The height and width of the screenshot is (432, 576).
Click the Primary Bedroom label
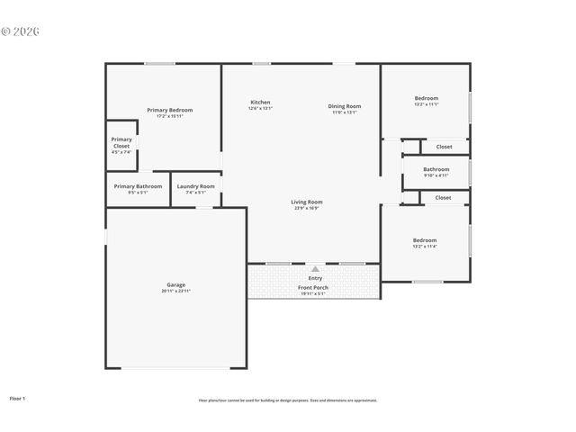169,110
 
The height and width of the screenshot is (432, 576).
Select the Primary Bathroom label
138,186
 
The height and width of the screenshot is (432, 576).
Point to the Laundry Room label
195,186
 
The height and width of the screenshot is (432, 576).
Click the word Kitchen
260,102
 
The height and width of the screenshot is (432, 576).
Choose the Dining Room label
345,106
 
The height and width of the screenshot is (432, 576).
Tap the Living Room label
306,202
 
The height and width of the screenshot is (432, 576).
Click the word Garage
175,284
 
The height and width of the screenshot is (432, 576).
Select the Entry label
315,278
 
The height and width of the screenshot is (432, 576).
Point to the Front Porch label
314,287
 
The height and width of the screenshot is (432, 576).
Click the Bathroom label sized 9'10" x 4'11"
436,168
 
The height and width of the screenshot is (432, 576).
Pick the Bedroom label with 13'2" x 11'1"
426,98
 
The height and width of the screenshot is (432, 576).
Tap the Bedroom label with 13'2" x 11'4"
425,240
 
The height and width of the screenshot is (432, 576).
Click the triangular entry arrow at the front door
315,268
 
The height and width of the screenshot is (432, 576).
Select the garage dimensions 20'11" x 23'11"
175,291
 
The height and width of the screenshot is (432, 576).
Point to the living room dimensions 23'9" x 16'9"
306,208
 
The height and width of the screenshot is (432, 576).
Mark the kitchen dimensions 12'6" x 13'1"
260,108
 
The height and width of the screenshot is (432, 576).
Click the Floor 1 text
17,397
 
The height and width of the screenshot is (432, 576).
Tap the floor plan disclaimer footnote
288,400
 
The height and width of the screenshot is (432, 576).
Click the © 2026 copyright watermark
21,31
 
